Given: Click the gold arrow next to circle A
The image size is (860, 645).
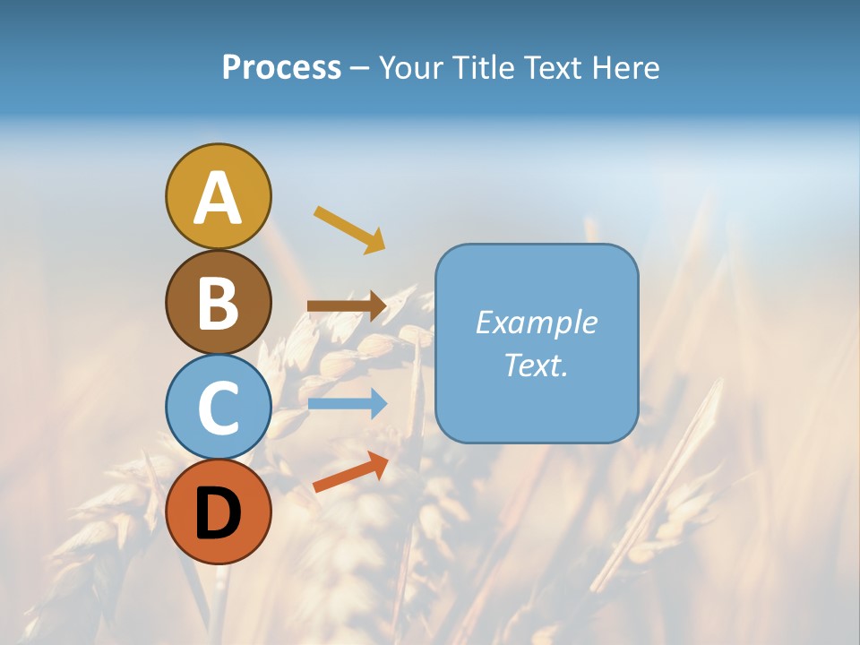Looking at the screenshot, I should (x=349, y=229).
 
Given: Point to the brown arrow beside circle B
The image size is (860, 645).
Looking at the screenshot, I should (x=347, y=306).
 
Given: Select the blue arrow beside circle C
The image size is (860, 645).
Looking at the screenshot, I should (x=348, y=404).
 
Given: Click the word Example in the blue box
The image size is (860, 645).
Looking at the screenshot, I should (x=537, y=322).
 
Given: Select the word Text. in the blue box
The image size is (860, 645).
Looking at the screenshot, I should (x=536, y=365).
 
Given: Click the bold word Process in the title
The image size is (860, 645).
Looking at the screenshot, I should (x=281, y=67).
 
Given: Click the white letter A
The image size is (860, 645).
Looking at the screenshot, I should (x=218, y=197).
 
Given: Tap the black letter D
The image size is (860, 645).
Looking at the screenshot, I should (x=218, y=512).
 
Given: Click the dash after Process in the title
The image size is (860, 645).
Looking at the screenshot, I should (x=359, y=68).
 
